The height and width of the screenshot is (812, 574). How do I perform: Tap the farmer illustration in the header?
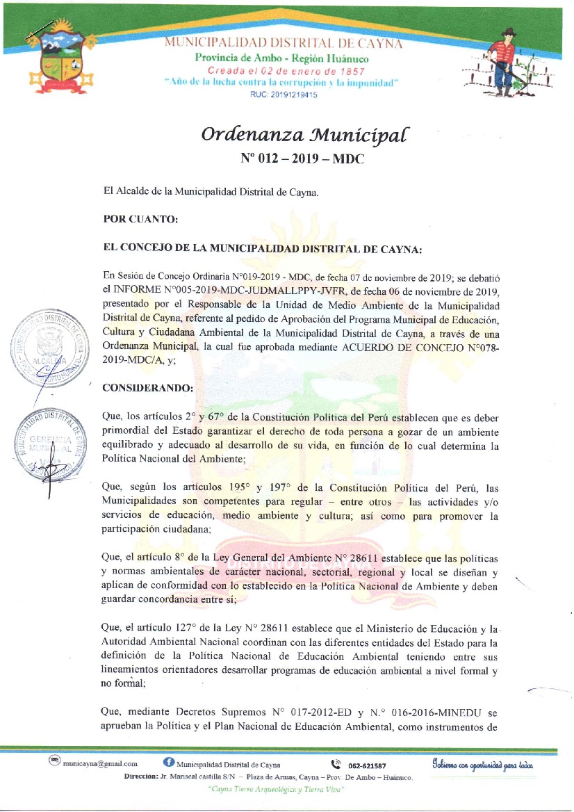505,65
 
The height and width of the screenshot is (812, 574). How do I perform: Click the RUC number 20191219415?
283,95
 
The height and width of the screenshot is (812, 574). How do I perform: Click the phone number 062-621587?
367,765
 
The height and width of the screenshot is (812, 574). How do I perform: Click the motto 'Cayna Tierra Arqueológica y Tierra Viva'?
272,790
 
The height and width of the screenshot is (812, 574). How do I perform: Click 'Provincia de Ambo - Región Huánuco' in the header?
281,58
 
